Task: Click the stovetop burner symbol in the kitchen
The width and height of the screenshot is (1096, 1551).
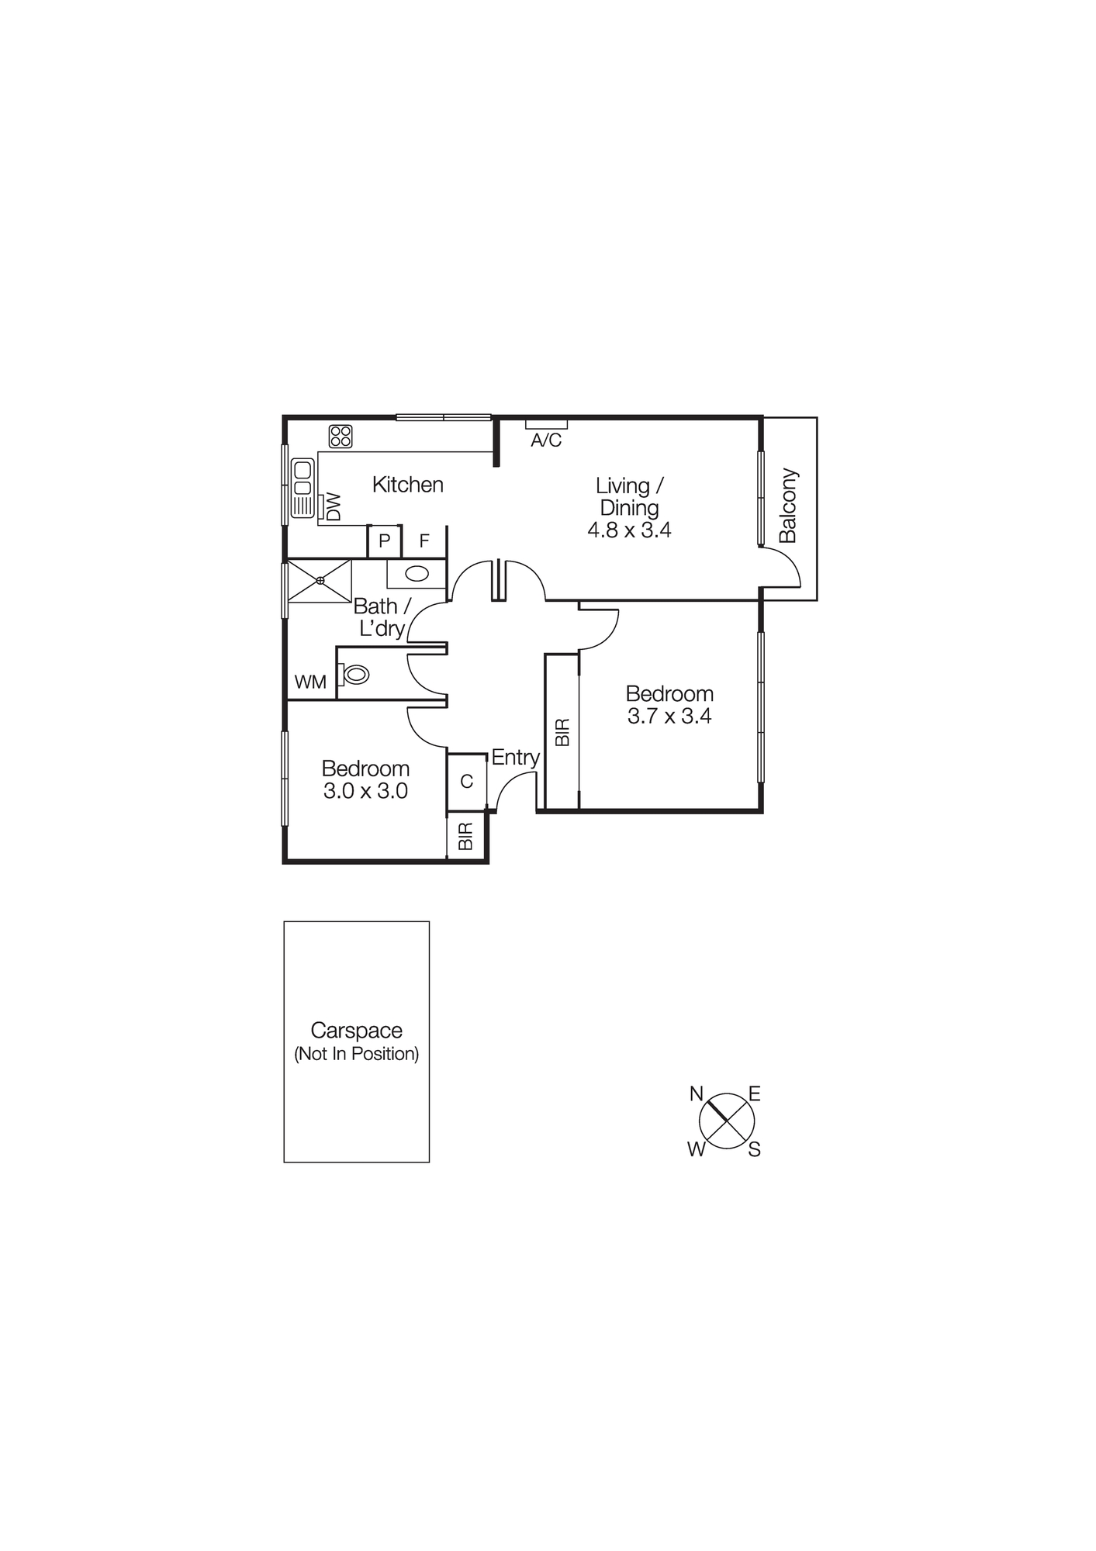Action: (341, 437)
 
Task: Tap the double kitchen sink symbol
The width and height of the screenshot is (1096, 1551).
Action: (303, 489)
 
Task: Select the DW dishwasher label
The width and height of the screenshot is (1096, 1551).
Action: (334, 507)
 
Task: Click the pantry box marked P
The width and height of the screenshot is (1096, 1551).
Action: (385, 541)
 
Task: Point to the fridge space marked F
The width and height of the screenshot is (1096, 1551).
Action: (424, 541)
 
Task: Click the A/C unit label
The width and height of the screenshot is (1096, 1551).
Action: (546, 440)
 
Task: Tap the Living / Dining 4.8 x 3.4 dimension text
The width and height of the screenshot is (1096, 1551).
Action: (629, 530)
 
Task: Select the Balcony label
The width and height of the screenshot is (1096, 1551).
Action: (788, 505)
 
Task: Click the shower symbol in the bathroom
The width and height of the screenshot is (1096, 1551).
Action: (320, 580)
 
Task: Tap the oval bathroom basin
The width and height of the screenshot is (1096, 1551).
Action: (417, 575)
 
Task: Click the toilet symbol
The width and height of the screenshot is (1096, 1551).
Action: (354, 674)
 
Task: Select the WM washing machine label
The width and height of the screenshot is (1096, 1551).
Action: (310, 682)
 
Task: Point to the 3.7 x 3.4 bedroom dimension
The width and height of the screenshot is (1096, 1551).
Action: (669, 716)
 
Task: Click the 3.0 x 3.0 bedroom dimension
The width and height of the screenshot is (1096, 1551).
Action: (365, 791)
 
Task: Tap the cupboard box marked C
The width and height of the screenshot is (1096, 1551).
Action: (466, 781)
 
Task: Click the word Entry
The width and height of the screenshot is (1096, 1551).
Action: (515, 758)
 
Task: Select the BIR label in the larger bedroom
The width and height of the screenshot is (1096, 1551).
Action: (563, 732)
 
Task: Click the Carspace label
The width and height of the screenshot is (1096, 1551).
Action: (356, 1031)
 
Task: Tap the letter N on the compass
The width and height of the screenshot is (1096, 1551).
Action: (697, 1094)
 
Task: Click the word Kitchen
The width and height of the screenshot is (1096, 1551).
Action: (407, 485)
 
